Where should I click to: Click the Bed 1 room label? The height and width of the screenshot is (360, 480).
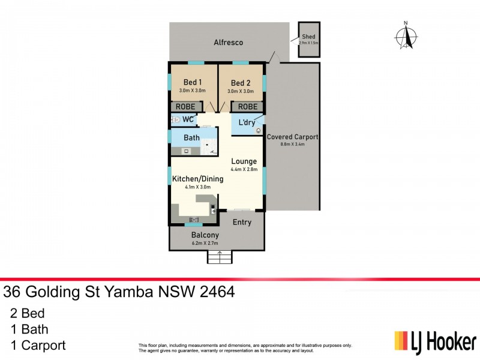(x=192, y=82)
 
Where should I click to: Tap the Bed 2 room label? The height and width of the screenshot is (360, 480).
(x=240, y=83)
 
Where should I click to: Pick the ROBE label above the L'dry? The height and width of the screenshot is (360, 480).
(x=248, y=107)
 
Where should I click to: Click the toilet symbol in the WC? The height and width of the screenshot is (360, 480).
(x=175, y=119)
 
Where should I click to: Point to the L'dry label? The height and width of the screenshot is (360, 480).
(x=247, y=122)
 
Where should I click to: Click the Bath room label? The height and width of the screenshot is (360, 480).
(x=191, y=138)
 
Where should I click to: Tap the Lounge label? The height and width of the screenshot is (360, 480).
(x=244, y=161)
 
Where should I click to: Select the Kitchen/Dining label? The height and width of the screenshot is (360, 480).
(x=197, y=179)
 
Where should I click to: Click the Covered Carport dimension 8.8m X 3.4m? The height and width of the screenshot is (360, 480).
(x=292, y=145)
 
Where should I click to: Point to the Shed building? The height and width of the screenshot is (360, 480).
(x=310, y=40)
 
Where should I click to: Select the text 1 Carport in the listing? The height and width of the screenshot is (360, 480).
(x=38, y=345)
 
